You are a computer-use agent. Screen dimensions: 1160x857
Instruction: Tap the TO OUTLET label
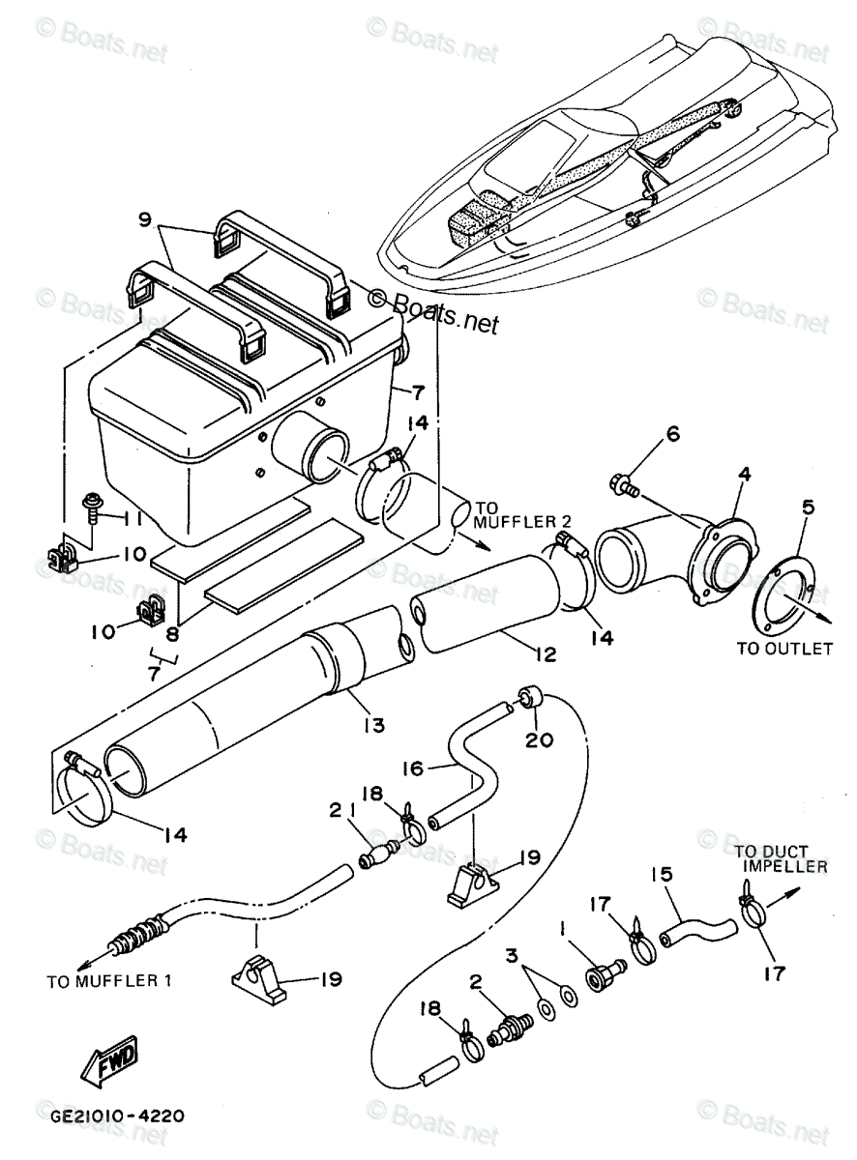[x=783, y=649]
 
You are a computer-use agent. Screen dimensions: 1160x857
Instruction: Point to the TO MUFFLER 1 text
[x=108, y=982]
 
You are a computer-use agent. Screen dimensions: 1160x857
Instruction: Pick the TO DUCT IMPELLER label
[x=779, y=859]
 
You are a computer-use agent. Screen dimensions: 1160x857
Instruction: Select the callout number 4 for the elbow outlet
[x=744, y=476]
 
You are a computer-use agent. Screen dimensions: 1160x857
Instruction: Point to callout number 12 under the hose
[x=545, y=654]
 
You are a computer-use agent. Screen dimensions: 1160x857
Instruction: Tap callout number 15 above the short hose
[x=662, y=876]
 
